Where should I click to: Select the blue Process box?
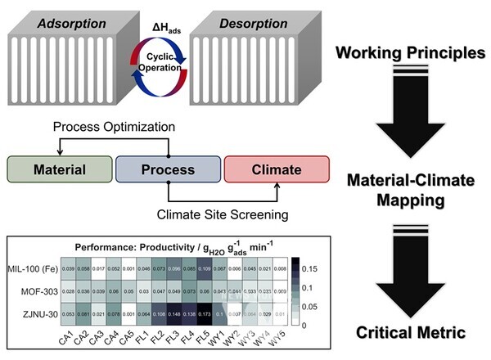167,170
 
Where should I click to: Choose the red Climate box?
275,170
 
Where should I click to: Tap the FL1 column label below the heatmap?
140,339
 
